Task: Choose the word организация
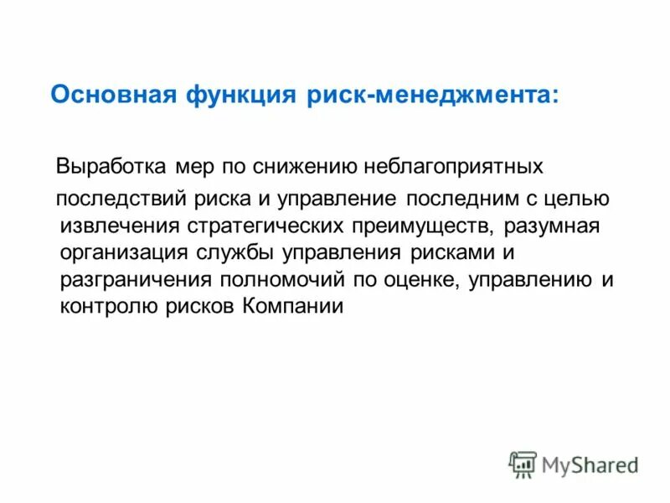tap(120, 252)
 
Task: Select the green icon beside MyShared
tap(523, 464)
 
